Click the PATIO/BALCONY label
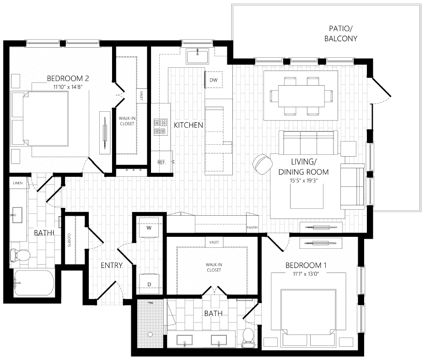tap(340, 33)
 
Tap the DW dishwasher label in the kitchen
tap(213, 80)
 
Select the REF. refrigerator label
tap(161, 162)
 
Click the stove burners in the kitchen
tap(160, 127)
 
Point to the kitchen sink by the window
tap(198, 56)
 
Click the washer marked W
tap(149, 228)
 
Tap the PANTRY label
tap(252, 227)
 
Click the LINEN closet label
tap(18, 183)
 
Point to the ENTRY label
tap(112, 265)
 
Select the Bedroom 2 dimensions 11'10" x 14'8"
tap(67, 86)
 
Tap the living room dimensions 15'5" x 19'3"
tap(304, 181)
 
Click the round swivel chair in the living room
tap(262, 164)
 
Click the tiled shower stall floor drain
tap(150, 334)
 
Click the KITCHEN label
tap(188, 125)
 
